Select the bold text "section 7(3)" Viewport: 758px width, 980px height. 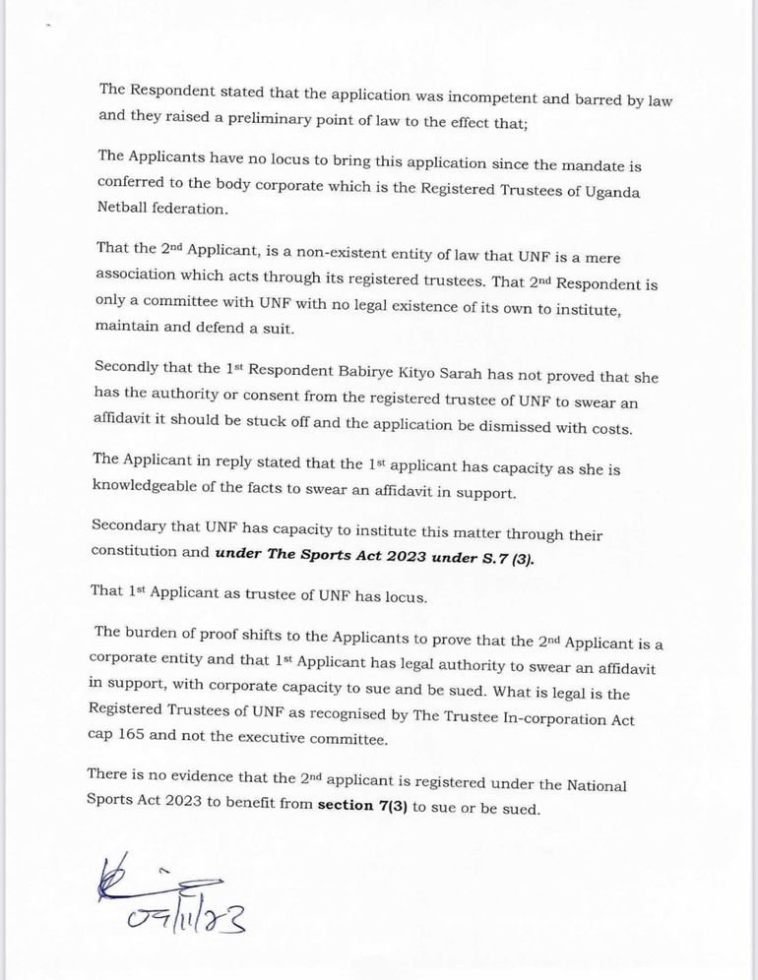coord(364,808)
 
